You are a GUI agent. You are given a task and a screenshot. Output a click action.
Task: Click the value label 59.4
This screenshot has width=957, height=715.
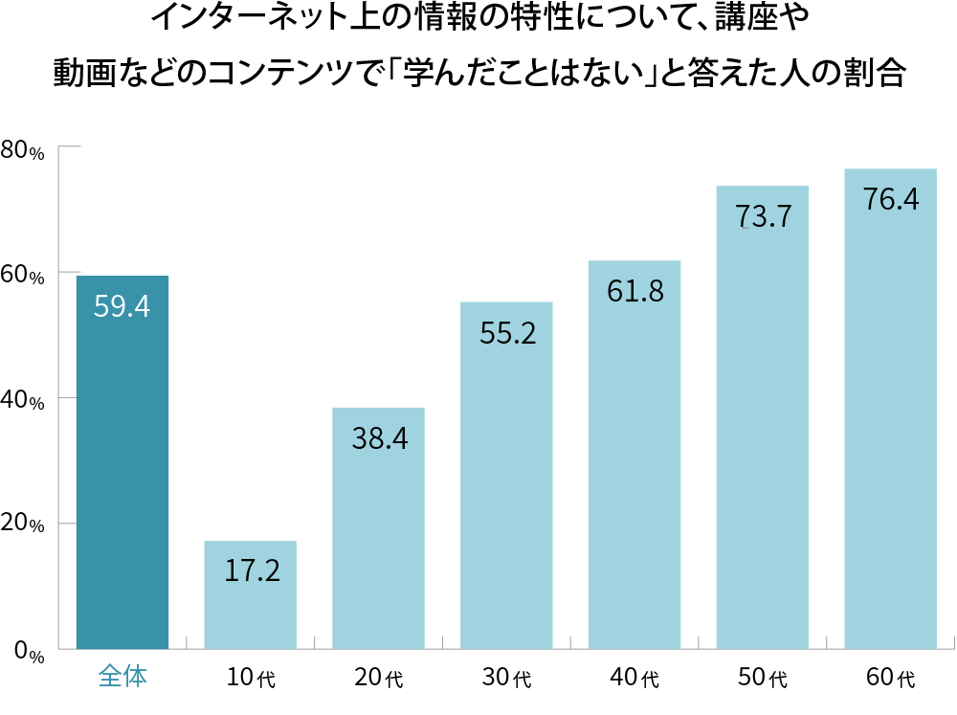point(122,307)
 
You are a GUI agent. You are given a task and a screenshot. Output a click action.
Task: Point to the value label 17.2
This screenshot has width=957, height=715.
point(252,571)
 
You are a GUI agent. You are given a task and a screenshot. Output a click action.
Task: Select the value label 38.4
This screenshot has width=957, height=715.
point(379,438)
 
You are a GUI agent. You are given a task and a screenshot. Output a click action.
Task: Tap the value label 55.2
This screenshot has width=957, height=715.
point(507,333)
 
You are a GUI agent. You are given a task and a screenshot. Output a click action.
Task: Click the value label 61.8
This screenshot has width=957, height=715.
point(635,291)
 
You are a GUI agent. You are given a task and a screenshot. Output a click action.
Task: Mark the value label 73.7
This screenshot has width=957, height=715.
point(764,216)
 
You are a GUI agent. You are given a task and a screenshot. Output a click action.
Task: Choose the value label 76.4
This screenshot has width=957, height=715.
point(891,199)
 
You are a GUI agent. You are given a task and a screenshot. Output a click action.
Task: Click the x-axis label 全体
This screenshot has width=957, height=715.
point(122,677)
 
